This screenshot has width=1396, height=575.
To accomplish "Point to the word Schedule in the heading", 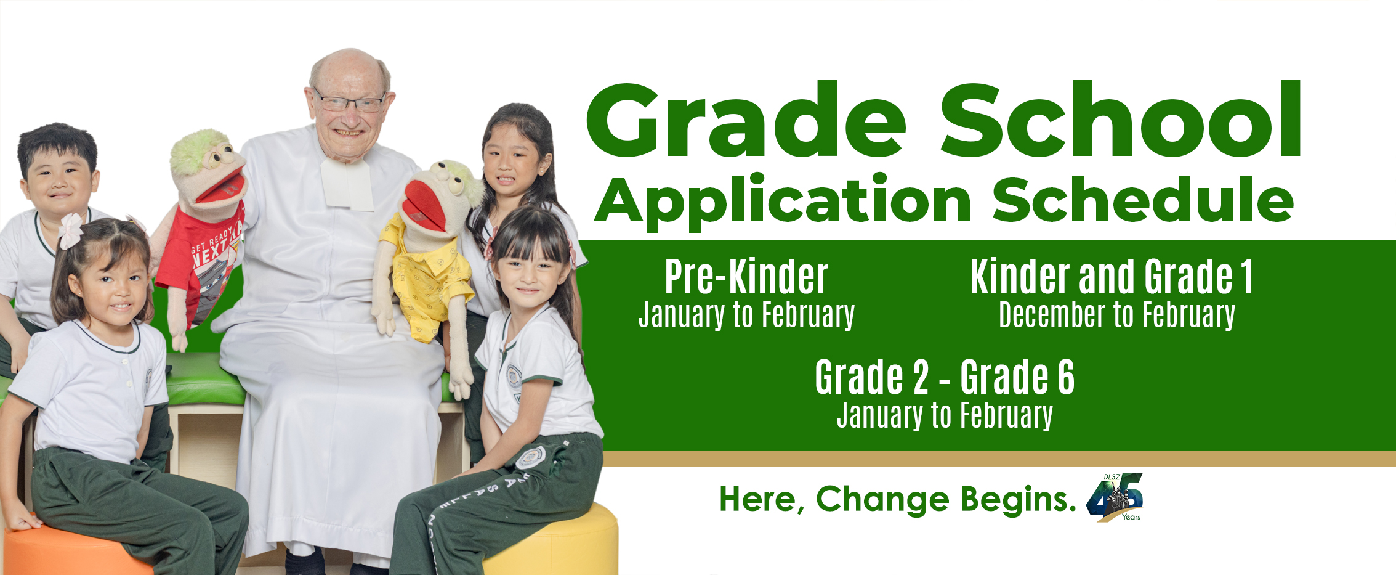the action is pos(1143,198).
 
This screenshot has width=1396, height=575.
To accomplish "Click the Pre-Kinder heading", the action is pos(746,277).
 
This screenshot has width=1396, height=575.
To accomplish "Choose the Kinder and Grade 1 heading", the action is pos(1112,277).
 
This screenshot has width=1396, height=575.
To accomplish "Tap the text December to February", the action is pos(1117,316).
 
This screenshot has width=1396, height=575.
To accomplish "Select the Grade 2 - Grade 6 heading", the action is pos(945,377).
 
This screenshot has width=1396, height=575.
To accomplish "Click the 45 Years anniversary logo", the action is pos(1115,497).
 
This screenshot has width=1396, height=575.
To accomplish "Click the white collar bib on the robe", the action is pos(347,183).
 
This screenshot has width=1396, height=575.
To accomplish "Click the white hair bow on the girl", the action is pos(71,230).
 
